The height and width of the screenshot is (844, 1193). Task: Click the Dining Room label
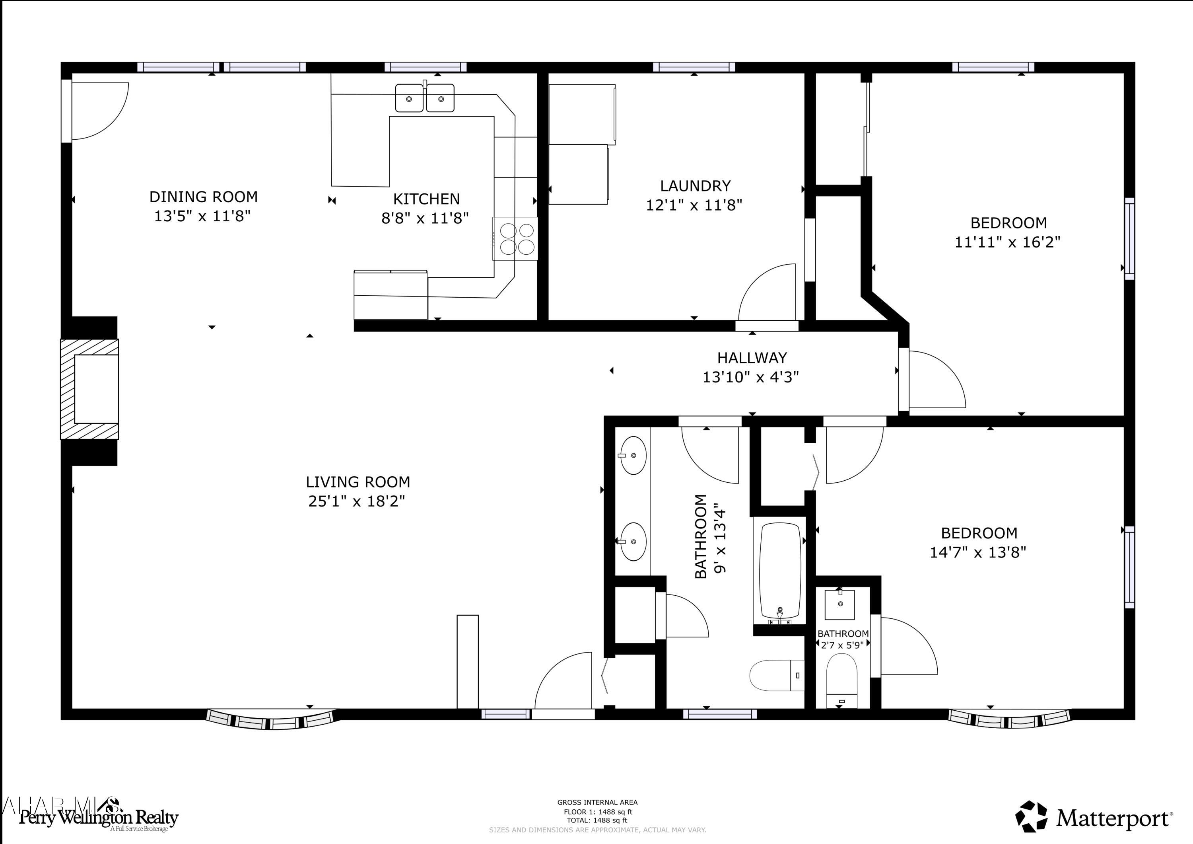point(203,197)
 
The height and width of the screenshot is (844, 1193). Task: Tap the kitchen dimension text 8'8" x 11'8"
point(425,218)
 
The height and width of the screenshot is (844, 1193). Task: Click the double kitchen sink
point(425,98)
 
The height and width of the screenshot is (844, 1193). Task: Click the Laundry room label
point(695,186)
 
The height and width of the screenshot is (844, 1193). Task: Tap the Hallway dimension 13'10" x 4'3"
point(751,377)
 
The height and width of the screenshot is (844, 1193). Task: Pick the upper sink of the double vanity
point(633,455)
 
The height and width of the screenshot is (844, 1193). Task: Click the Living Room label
point(358,482)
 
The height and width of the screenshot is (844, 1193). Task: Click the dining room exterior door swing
point(99,110)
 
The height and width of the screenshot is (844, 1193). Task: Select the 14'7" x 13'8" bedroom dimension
point(978,552)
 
